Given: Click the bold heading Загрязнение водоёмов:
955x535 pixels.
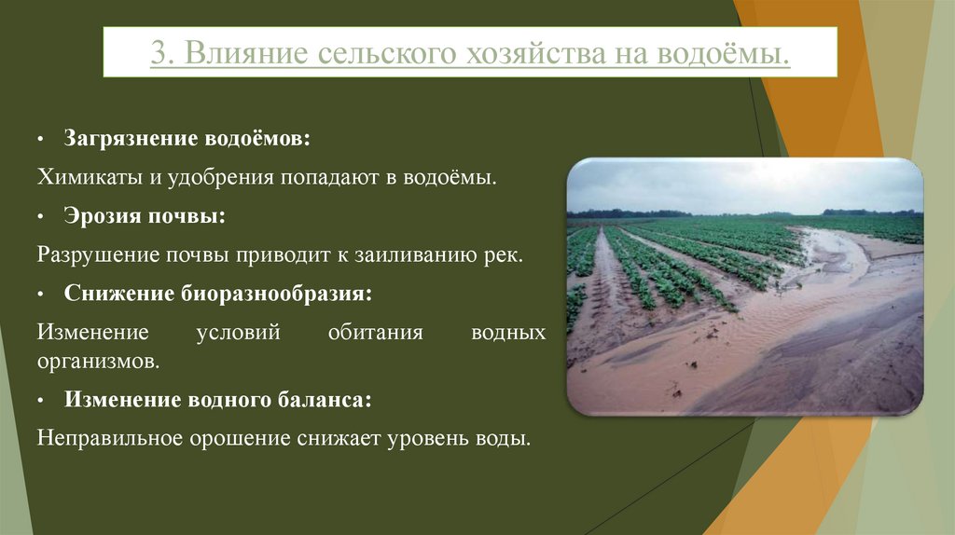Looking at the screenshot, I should (187, 138).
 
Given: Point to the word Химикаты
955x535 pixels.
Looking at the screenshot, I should (82, 176).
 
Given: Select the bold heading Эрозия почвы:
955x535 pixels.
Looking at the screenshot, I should (145, 215).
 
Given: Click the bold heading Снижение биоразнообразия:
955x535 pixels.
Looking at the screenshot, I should (218, 293).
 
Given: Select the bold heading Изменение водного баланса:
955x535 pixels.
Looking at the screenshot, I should (218, 399).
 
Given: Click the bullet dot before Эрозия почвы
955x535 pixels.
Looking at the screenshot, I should (41, 216).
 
